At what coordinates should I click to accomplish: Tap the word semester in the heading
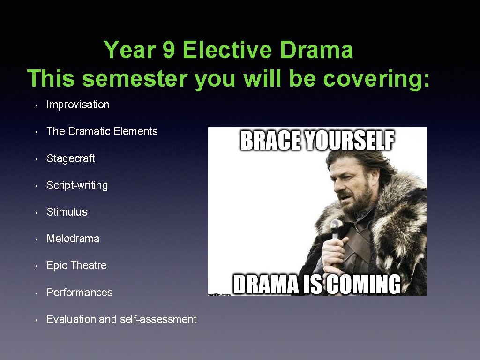[x=135, y=78]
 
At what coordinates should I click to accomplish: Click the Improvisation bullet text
[x=78, y=105]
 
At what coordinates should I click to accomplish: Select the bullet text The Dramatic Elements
[x=102, y=131]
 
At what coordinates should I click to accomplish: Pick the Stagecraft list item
[x=71, y=158]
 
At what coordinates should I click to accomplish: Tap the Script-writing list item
[x=77, y=185]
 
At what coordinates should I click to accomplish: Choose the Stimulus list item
[x=67, y=212]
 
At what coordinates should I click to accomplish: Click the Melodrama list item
[x=73, y=239]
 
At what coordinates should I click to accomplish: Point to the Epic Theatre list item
[x=77, y=265]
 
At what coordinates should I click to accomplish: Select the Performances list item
[x=80, y=292]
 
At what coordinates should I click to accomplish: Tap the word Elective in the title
[x=227, y=50]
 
